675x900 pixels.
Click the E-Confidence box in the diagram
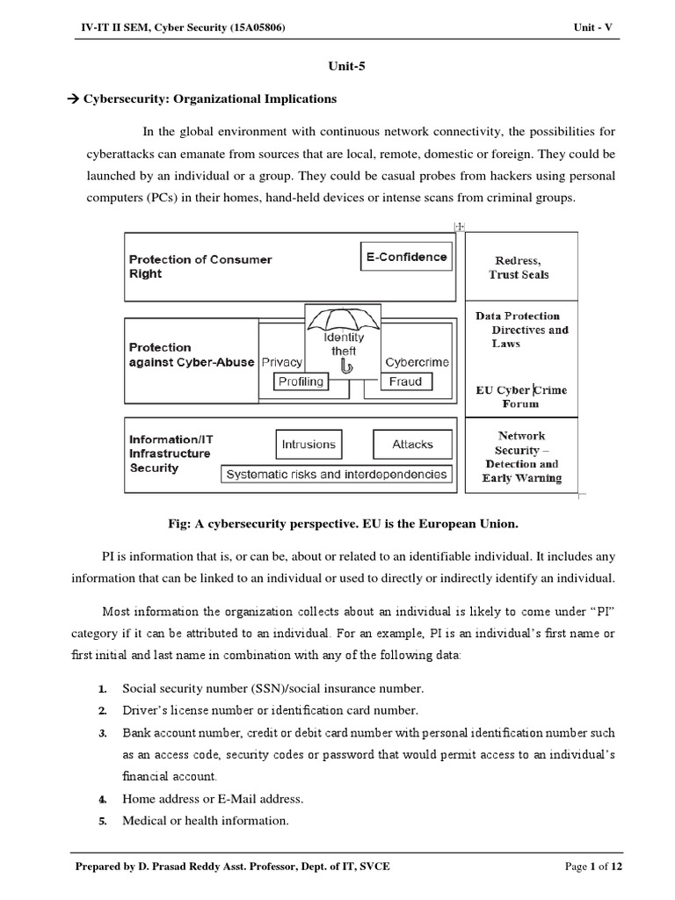[x=405, y=258]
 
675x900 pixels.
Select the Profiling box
[x=301, y=381]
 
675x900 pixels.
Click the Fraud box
[x=405, y=381]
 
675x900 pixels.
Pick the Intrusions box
[x=308, y=445]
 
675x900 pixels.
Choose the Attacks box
[x=412, y=445]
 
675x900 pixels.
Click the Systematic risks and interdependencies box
[x=337, y=474]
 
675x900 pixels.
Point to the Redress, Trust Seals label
[x=519, y=267]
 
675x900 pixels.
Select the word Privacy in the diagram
[x=282, y=362]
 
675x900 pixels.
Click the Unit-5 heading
[x=337, y=64]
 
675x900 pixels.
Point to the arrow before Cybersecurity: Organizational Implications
[x=73, y=99]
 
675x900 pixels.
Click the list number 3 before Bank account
[x=102, y=733]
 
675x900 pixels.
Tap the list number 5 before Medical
[x=102, y=821]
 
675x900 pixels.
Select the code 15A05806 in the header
[x=255, y=28]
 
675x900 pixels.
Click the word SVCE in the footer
[x=377, y=867]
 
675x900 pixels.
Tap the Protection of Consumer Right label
[x=200, y=266]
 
